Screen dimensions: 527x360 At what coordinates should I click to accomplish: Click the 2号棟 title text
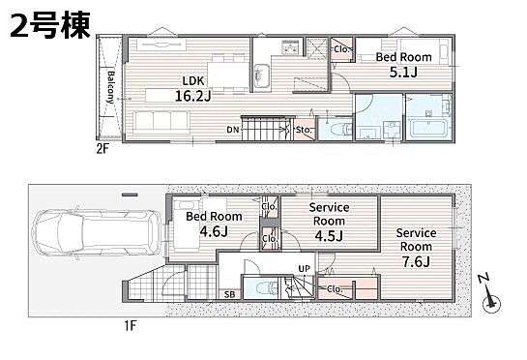(50, 25)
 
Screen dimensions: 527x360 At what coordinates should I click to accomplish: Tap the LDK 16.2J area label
(193, 89)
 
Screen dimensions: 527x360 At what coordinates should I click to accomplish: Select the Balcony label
(110, 87)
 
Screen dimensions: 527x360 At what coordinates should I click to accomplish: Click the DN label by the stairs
(233, 130)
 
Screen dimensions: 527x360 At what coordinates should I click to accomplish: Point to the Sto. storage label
(304, 130)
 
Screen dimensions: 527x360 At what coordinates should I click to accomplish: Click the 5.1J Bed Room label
(403, 65)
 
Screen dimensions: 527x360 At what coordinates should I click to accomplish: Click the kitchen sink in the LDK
(262, 75)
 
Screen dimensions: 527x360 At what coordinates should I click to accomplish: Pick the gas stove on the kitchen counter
(290, 46)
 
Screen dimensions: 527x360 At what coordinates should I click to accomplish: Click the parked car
(97, 233)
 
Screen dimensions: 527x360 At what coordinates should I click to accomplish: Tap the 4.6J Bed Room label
(214, 224)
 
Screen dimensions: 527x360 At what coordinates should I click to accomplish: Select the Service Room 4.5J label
(329, 222)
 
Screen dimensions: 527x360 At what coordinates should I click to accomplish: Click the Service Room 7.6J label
(416, 247)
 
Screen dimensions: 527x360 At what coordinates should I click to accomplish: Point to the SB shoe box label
(229, 295)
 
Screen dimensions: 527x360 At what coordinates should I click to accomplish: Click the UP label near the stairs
(305, 269)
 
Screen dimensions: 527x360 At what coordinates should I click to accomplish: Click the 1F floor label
(131, 326)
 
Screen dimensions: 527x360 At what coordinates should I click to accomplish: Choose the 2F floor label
(102, 148)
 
